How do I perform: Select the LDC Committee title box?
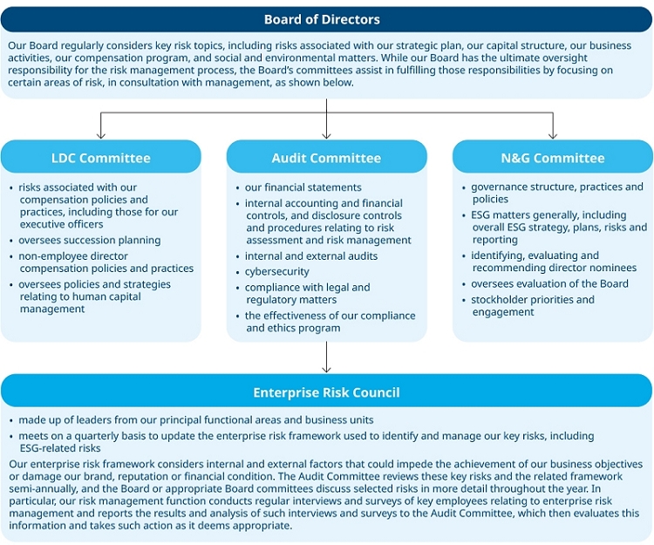(100, 158)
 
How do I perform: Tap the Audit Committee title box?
(326, 158)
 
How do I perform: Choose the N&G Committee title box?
(552, 158)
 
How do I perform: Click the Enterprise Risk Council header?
(326, 392)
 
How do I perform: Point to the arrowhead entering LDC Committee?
(101, 134)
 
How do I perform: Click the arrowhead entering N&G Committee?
(553, 134)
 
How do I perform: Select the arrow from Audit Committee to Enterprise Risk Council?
(327, 358)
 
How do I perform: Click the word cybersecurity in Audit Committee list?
(276, 271)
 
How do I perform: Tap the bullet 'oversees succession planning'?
(90, 240)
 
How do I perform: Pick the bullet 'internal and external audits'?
(311, 256)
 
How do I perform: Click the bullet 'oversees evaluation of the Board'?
(549, 283)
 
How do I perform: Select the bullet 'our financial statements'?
(303, 187)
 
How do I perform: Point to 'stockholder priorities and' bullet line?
(533, 299)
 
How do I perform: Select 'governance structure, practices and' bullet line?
(557, 187)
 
